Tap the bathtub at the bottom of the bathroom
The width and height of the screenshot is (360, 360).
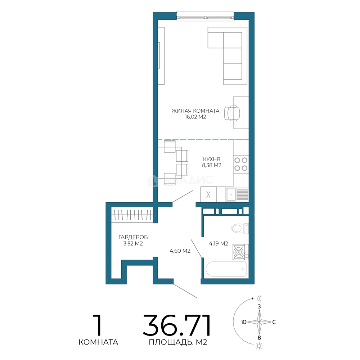pyautogui.click(x=226, y=269)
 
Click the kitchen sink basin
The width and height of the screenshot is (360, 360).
pyautogui.click(x=231, y=195)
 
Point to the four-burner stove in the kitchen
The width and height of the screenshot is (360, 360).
pyautogui.click(x=241, y=164)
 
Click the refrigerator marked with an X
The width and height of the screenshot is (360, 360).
pyautogui.click(x=208, y=194)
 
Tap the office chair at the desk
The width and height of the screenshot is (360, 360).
pyautogui.click(x=232, y=113)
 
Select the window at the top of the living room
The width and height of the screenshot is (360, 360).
pyautogui.click(x=205, y=17)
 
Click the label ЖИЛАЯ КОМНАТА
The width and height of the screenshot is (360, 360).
pyautogui.click(x=195, y=111)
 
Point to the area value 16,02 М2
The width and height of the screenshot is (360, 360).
pyautogui.click(x=195, y=117)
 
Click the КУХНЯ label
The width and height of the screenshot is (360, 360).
pyautogui.click(x=211, y=159)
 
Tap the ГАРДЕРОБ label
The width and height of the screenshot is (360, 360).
pyautogui.click(x=133, y=237)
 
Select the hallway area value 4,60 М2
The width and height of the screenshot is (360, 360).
pyautogui.click(x=180, y=251)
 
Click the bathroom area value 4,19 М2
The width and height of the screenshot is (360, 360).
pyautogui.click(x=218, y=243)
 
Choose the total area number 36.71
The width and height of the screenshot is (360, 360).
pyautogui.click(x=177, y=325)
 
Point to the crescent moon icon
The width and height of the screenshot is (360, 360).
pyautogui.click(x=260, y=298)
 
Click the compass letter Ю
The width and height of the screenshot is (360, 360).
pyautogui.click(x=244, y=322)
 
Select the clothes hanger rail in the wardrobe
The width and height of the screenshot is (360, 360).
pyautogui.click(x=132, y=215)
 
